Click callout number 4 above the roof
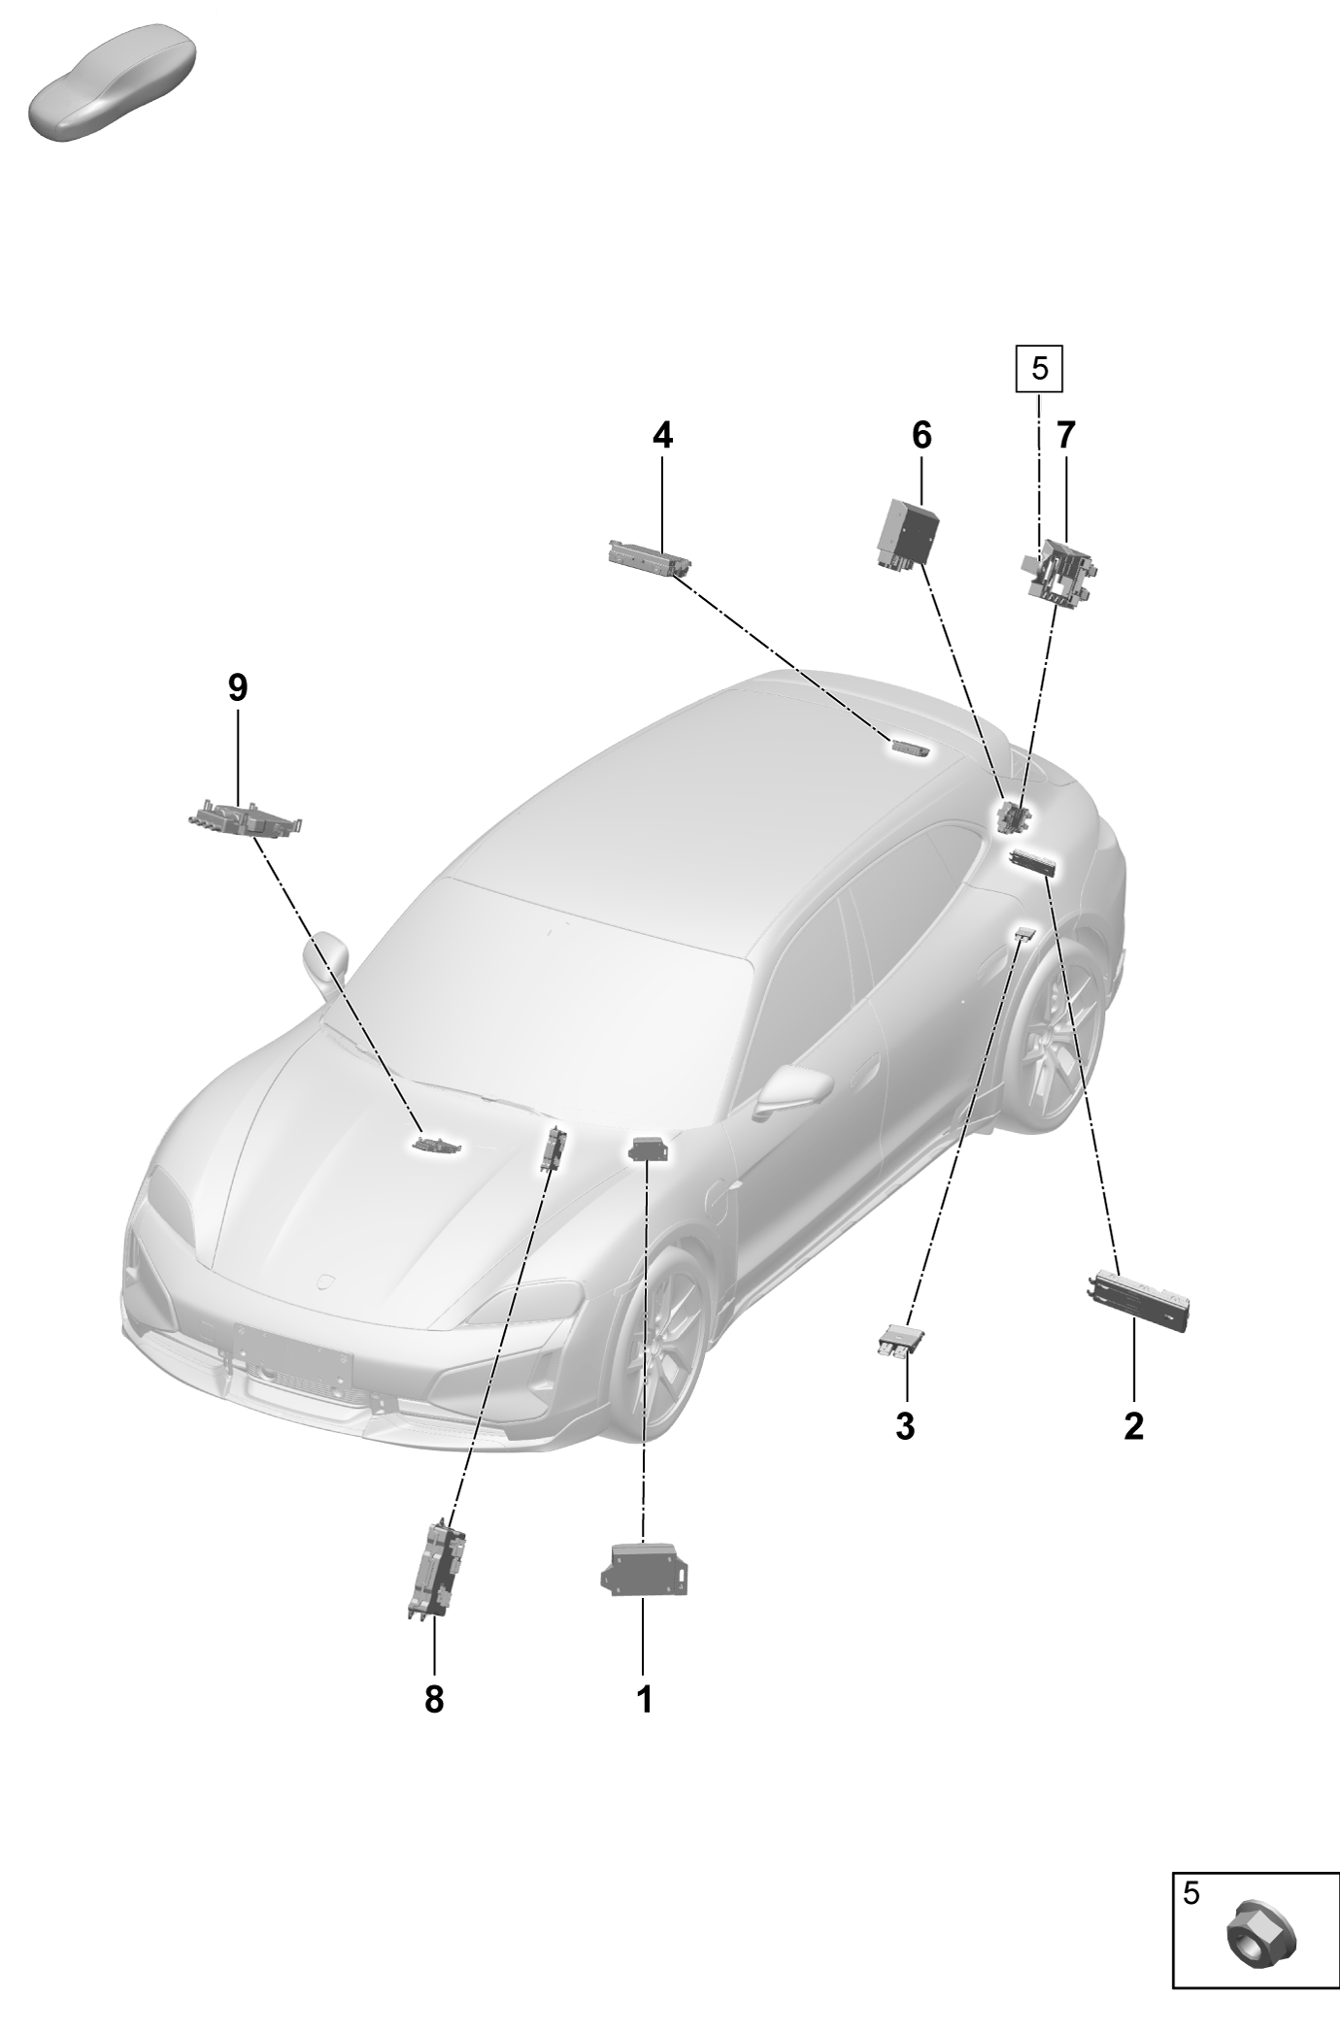tap(662, 436)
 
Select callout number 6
tap(921, 436)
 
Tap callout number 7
tap(1066, 436)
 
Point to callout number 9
tap(238, 688)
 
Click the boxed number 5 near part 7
tap(1040, 369)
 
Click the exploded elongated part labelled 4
tap(650, 558)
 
